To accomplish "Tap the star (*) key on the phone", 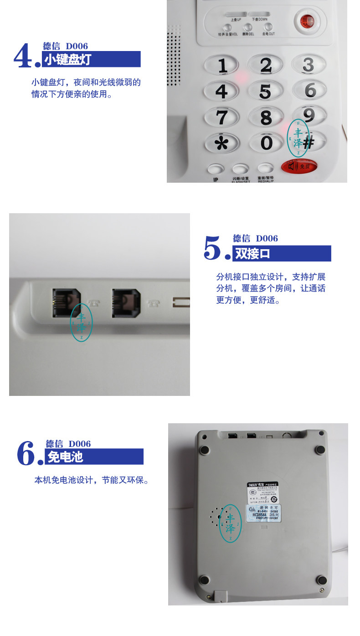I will click(x=222, y=143).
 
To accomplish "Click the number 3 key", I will click(x=309, y=65).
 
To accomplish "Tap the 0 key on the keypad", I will click(x=266, y=143).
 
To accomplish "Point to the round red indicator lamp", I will click(x=307, y=21).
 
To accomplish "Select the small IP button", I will click(x=216, y=169).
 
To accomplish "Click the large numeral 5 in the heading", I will click(x=212, y=249).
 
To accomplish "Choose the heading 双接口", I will click(x=253, y=254).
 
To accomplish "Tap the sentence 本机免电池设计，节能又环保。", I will click(x=92, y=480).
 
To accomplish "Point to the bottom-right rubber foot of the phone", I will click(x=322, y=580).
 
